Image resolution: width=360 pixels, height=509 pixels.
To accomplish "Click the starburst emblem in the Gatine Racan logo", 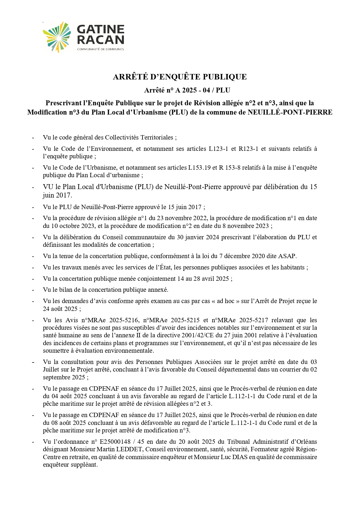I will [x=57, y=37].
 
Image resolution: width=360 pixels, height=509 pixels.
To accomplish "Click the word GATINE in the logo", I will [x=101, y=29].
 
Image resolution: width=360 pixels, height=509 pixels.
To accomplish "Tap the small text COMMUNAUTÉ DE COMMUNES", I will [x=100, y=49].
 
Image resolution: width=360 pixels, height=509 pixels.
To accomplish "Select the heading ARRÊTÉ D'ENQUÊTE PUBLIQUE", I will [x=180, y=77].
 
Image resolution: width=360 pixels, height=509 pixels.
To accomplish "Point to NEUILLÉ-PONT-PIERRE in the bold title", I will [x=290, y=112].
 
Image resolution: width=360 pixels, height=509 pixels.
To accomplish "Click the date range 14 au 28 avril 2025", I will [x=203, y=279].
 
